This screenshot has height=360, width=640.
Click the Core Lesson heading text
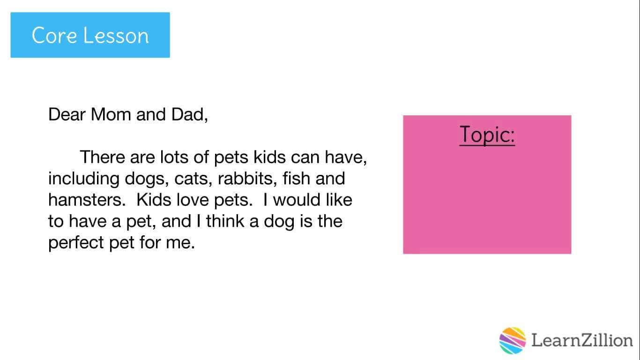click(90, 36)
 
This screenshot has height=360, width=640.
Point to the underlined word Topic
click(487, 135)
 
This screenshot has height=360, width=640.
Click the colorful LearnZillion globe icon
click(513, 340)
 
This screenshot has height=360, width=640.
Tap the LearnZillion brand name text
click(582, 340)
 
